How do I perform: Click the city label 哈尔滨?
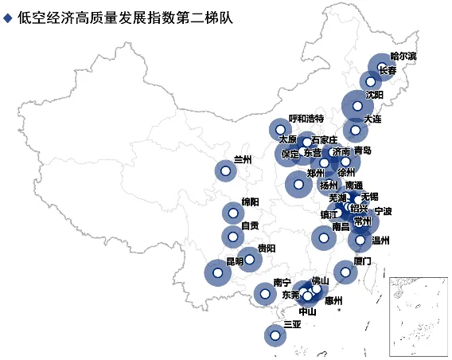(403, 57)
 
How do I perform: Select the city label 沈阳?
(374, 94)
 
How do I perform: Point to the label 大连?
(372, 119)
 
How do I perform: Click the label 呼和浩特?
(306, 118)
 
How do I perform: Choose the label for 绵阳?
(250, 202)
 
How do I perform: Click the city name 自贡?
(250, 225)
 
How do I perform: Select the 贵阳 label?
(267, 248)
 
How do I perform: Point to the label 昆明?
(235, 261)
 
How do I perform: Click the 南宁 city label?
(282, 283)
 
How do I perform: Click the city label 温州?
(381, 239)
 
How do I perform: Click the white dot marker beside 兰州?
(225, 170)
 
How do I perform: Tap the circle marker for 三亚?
(275, 336)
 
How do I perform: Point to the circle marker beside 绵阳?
(232, 213)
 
